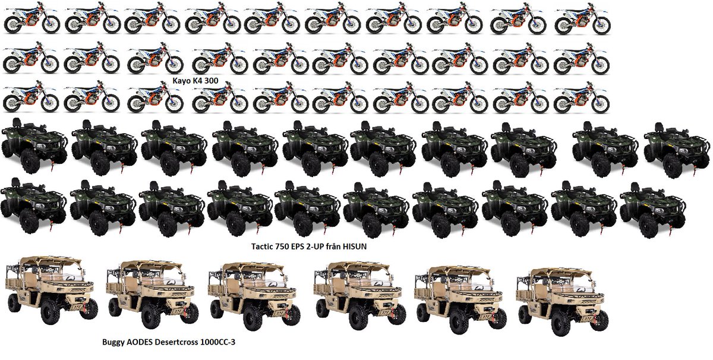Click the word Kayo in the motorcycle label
181,81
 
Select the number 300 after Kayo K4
211,81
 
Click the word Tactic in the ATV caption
263,247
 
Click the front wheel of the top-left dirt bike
51,24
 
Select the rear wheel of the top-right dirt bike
564,26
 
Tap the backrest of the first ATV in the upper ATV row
16,122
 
